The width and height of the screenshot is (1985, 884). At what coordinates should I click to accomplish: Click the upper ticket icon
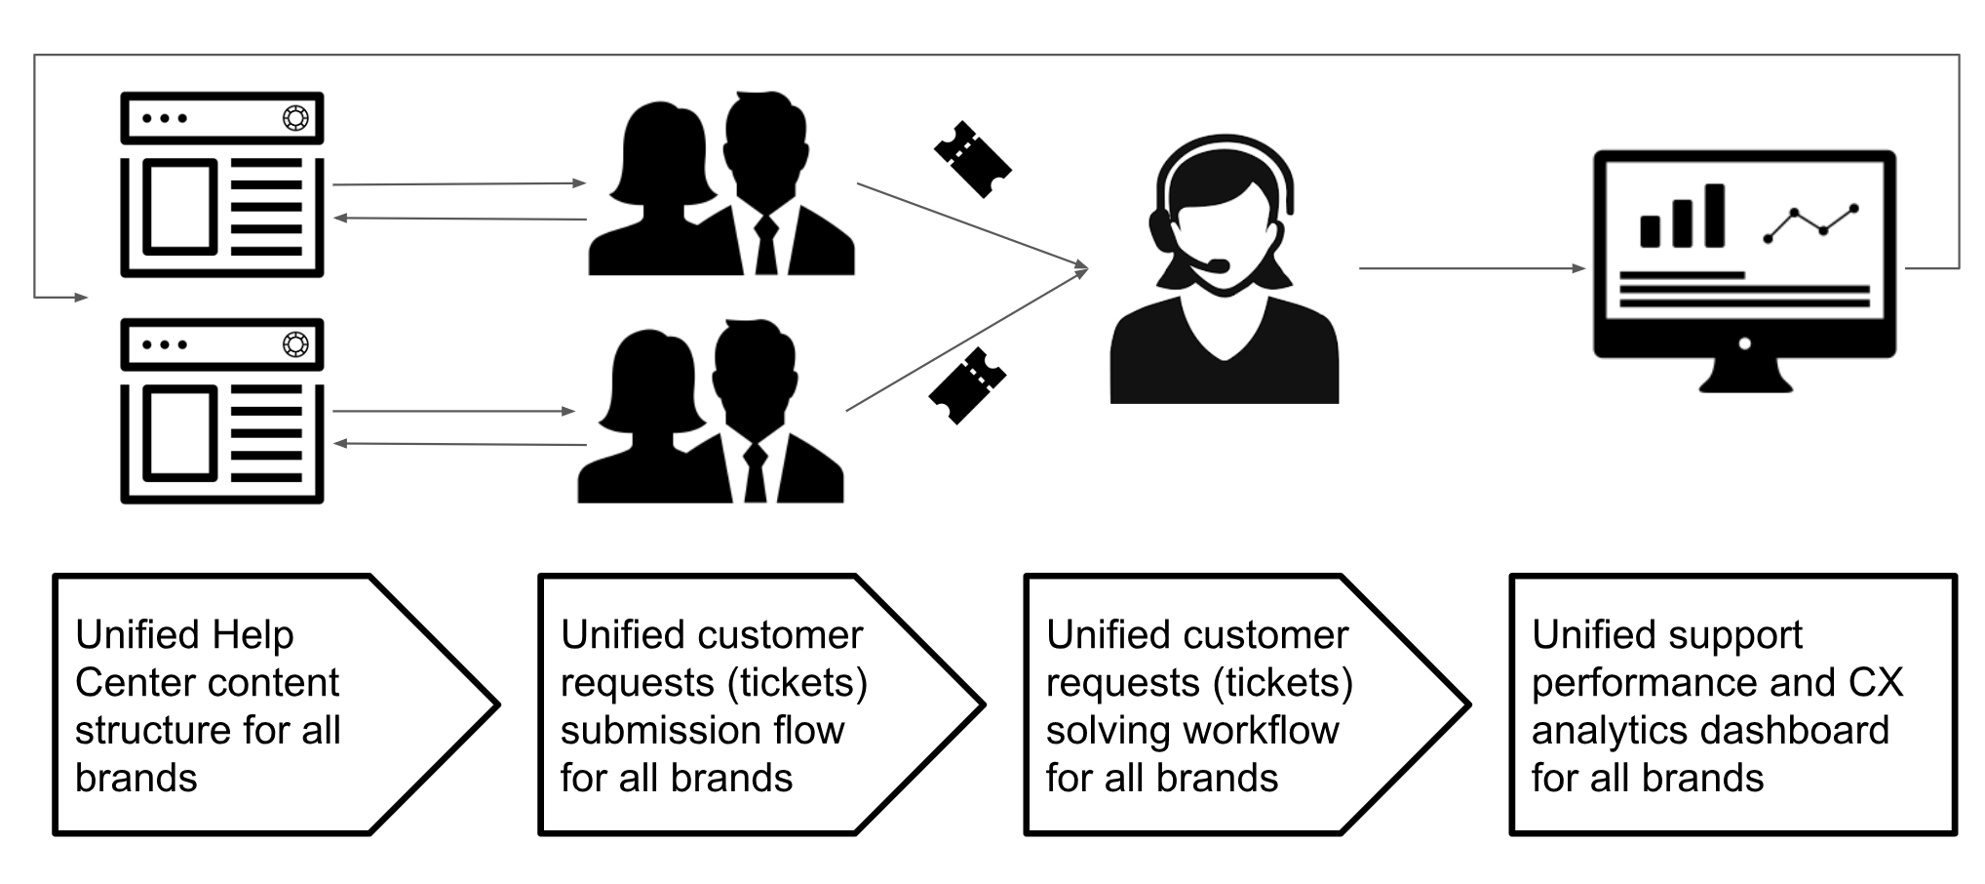[x=972, y=159]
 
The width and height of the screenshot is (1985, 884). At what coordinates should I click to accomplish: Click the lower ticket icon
[x=967, y=385]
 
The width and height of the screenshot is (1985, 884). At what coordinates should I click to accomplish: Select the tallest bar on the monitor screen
[x=1714, y=216]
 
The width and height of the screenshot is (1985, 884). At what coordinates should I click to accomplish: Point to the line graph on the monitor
[x=1810, y=223]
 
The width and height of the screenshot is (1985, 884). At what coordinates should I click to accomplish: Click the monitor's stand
[x=1745, y=375]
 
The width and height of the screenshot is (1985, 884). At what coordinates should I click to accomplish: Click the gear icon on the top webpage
[x=295, y=118]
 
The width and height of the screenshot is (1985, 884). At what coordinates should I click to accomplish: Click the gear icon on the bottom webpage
[x=295, y=344]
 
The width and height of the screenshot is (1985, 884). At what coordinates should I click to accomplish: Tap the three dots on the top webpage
[x=164, y=118]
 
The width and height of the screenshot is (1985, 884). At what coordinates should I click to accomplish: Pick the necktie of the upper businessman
[x=766, y=244]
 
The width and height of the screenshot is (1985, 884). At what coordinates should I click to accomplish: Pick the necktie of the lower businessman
[x=756, y=473]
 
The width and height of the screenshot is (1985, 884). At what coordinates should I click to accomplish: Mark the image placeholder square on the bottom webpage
[x=179, y=433]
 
